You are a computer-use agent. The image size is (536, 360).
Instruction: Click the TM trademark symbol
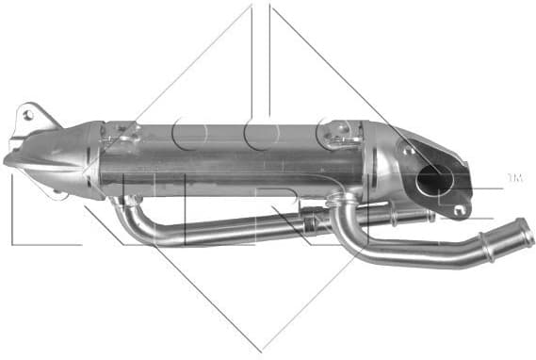tap(514, 177)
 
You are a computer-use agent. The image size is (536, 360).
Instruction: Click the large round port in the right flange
tap(436, 178)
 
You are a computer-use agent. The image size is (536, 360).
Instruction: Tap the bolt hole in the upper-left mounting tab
tap(27, 115)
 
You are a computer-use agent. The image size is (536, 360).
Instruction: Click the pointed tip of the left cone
tap(8, 161)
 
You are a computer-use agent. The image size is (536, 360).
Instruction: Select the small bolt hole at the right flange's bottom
tap(459, 209)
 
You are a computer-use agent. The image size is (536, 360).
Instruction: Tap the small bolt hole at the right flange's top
tap(409, 149)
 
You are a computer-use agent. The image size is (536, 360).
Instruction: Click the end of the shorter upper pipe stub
tap(429, 216)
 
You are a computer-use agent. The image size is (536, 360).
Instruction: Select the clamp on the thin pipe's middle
tap(308, 222)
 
